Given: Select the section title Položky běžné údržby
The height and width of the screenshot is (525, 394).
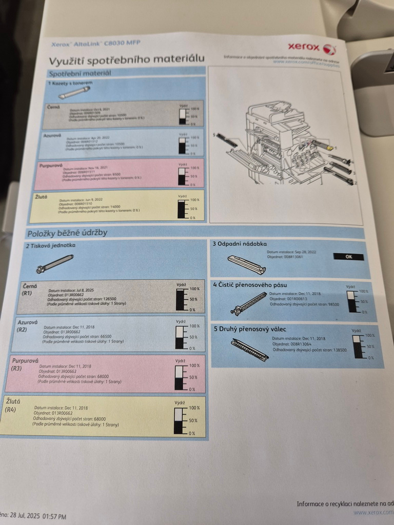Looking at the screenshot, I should [67, 233].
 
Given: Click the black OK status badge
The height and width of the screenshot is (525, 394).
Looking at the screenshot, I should [348, 257].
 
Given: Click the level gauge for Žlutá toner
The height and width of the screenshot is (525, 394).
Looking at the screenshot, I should [182, 209].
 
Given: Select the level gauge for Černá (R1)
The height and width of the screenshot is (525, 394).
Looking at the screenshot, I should [181, 299].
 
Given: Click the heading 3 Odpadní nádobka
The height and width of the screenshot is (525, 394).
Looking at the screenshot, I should [240, 244].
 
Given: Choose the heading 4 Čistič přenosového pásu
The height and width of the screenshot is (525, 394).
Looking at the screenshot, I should [250, 285].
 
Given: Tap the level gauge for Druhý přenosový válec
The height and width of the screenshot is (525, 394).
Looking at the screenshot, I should [358, 347].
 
